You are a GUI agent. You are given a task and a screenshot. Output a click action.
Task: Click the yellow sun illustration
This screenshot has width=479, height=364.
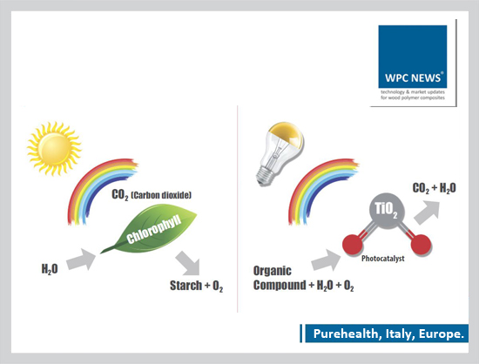point(54,149)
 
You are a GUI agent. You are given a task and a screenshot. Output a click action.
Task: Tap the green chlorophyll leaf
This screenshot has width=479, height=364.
point(151,230)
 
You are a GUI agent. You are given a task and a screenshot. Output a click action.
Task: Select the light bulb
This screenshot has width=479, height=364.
point(279,153)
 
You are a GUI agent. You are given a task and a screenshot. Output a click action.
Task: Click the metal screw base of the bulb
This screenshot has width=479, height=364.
point(265,177)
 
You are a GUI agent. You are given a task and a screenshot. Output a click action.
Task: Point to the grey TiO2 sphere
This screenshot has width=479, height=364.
point(387,211)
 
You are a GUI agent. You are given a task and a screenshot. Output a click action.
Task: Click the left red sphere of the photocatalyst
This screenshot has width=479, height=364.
point(352,245)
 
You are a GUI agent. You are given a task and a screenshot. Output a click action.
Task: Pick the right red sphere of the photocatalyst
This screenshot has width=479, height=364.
point(421,245)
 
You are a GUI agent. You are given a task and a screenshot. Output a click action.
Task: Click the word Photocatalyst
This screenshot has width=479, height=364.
point(383,259)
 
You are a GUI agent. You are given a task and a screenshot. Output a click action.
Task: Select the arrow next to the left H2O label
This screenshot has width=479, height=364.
point(81,260)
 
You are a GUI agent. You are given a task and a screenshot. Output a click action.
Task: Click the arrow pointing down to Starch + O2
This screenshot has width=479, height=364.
point(188,263)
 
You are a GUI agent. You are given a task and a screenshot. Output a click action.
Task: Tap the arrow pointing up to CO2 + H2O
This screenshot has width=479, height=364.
point(428,212)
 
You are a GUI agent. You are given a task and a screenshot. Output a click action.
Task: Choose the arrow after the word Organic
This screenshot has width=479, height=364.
point(326,260)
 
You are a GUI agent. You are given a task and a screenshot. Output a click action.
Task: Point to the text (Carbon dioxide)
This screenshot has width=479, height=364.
point(161,195)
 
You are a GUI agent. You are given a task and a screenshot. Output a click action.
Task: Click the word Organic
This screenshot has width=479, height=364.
point(273,271)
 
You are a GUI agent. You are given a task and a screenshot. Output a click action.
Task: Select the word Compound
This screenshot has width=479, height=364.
point(280,286)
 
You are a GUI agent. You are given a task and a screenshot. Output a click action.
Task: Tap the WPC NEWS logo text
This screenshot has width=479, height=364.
point(413,78)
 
